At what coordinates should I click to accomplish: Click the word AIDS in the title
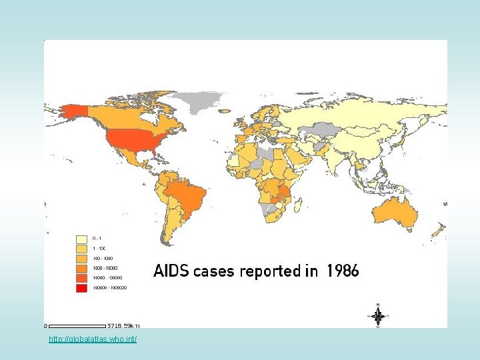[171, 271]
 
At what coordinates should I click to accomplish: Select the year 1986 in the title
[343, 271]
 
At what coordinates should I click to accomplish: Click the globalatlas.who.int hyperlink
[93, 340]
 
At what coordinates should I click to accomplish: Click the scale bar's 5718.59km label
[125, 326]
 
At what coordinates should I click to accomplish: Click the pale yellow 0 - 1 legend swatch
[81, 238]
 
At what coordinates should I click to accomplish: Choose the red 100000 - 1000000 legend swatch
[81, 288]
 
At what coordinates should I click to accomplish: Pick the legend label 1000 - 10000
[103, 268]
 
